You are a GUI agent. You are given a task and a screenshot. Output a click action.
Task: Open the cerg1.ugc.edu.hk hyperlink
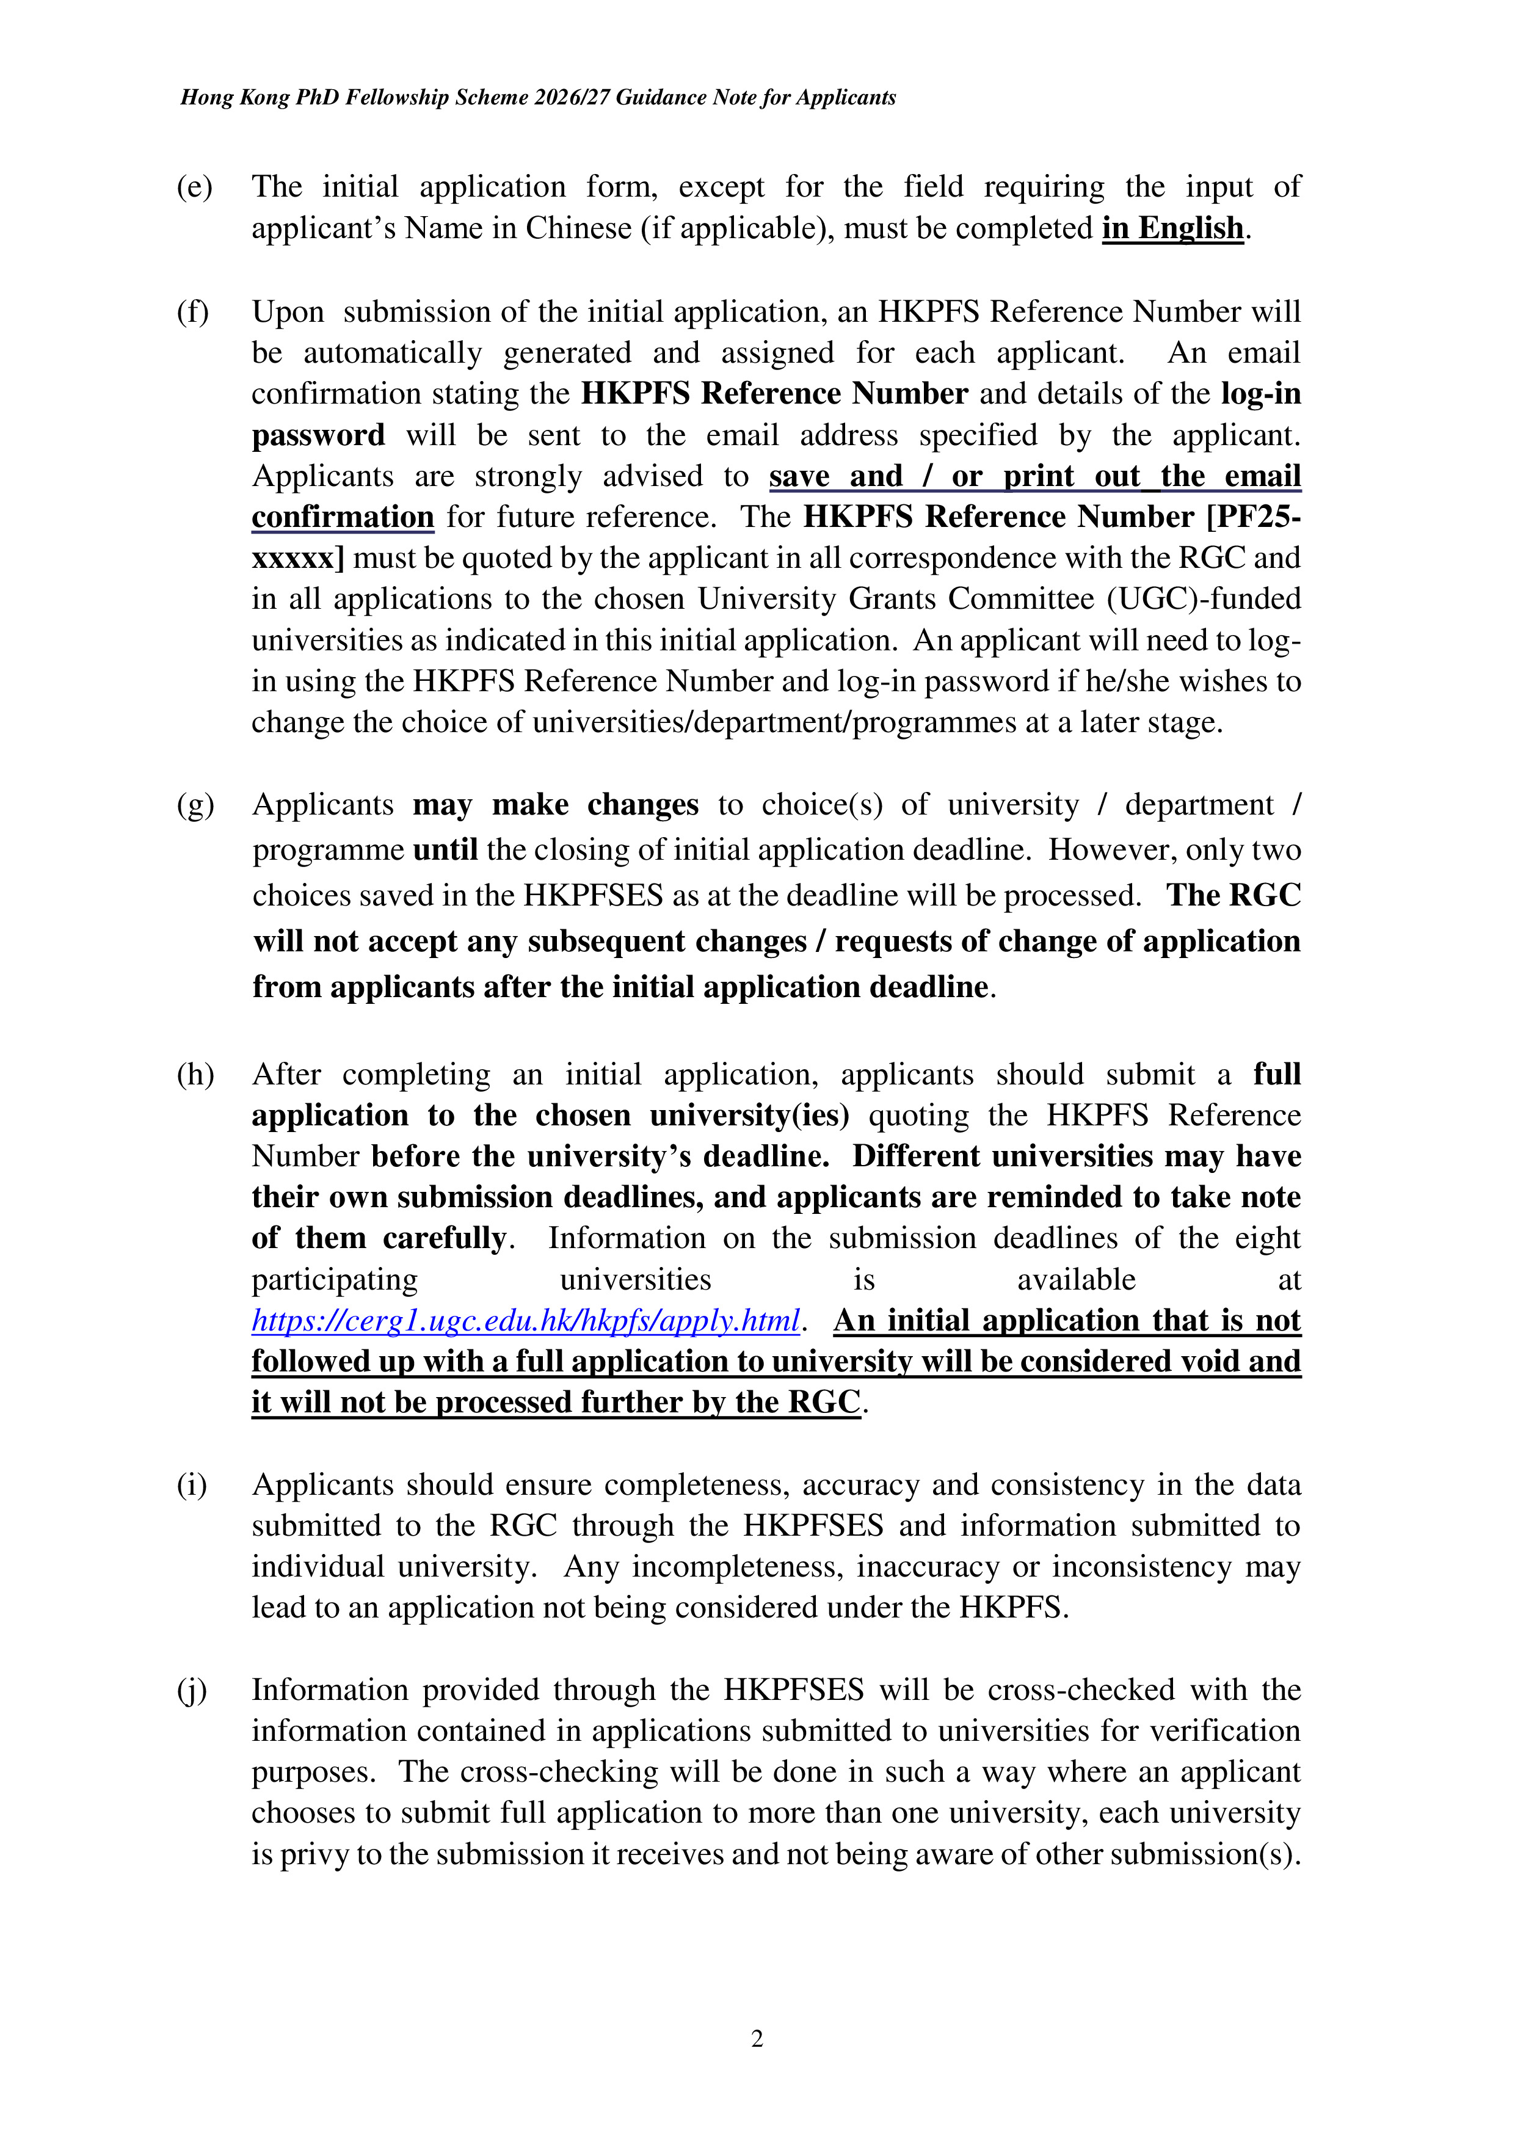click(525, 1321)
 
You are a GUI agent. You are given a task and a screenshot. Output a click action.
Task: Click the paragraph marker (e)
click(194, 187)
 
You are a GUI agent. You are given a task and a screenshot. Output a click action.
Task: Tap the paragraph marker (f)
click(192, 311)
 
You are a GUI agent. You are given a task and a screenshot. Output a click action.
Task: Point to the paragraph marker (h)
click(195, 1075)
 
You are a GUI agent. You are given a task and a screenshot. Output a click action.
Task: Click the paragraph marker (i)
click(192, 1485)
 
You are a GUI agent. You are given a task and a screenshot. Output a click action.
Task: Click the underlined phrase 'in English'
click(1172, 228)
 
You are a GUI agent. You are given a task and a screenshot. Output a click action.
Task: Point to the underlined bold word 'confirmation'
click(343, 517)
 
